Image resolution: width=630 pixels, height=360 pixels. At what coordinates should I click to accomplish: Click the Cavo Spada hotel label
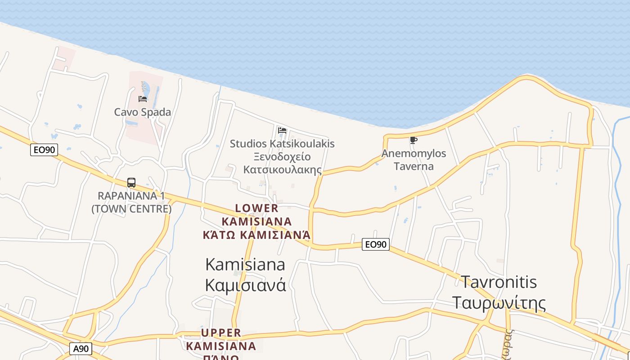click(142, 112)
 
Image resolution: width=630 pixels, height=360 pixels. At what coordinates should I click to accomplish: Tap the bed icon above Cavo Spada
click(143, 99)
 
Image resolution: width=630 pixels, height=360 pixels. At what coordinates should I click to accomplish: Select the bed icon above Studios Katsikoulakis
click(282, 130)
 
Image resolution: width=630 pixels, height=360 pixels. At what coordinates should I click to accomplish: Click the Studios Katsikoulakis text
click(282, 144)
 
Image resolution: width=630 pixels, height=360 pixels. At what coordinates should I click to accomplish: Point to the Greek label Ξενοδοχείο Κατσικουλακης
click(282, 163)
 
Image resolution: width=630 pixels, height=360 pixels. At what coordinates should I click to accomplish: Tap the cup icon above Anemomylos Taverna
click(413, 140)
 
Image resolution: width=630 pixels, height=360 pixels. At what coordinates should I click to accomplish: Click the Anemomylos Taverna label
click(414, 159)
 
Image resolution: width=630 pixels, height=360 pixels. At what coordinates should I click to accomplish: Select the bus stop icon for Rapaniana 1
click(131, 183)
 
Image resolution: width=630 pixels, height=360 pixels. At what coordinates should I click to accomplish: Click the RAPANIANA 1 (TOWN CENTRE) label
click(131, 202)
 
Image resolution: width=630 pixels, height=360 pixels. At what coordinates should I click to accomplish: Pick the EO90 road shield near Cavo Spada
click(44, 150)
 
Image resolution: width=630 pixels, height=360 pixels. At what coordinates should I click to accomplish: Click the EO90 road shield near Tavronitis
click(376, 244)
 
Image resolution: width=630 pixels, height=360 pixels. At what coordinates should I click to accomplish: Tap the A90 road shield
click(81, 349)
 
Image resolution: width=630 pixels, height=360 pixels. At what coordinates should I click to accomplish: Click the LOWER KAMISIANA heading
click(257, 215)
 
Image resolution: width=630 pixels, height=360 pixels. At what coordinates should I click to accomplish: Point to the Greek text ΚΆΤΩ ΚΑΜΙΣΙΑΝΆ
click(257, 235)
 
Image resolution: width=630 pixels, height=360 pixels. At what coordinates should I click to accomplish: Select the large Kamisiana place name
click(245, 264)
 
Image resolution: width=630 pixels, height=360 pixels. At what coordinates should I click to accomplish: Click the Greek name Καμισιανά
click(245, 285)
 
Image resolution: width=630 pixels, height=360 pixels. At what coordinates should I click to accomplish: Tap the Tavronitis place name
click(499, 282)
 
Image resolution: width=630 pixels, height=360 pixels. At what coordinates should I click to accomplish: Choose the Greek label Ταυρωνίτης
click(499, 302)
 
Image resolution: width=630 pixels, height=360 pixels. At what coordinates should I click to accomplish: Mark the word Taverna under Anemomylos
click(414, 166)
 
